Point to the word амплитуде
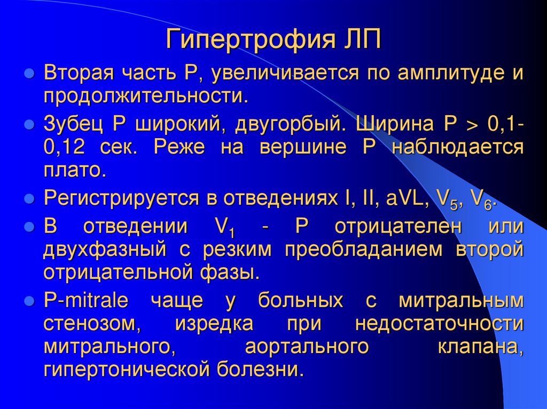448,73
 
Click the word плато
72,170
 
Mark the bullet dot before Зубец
30,125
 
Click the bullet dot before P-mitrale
30,301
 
